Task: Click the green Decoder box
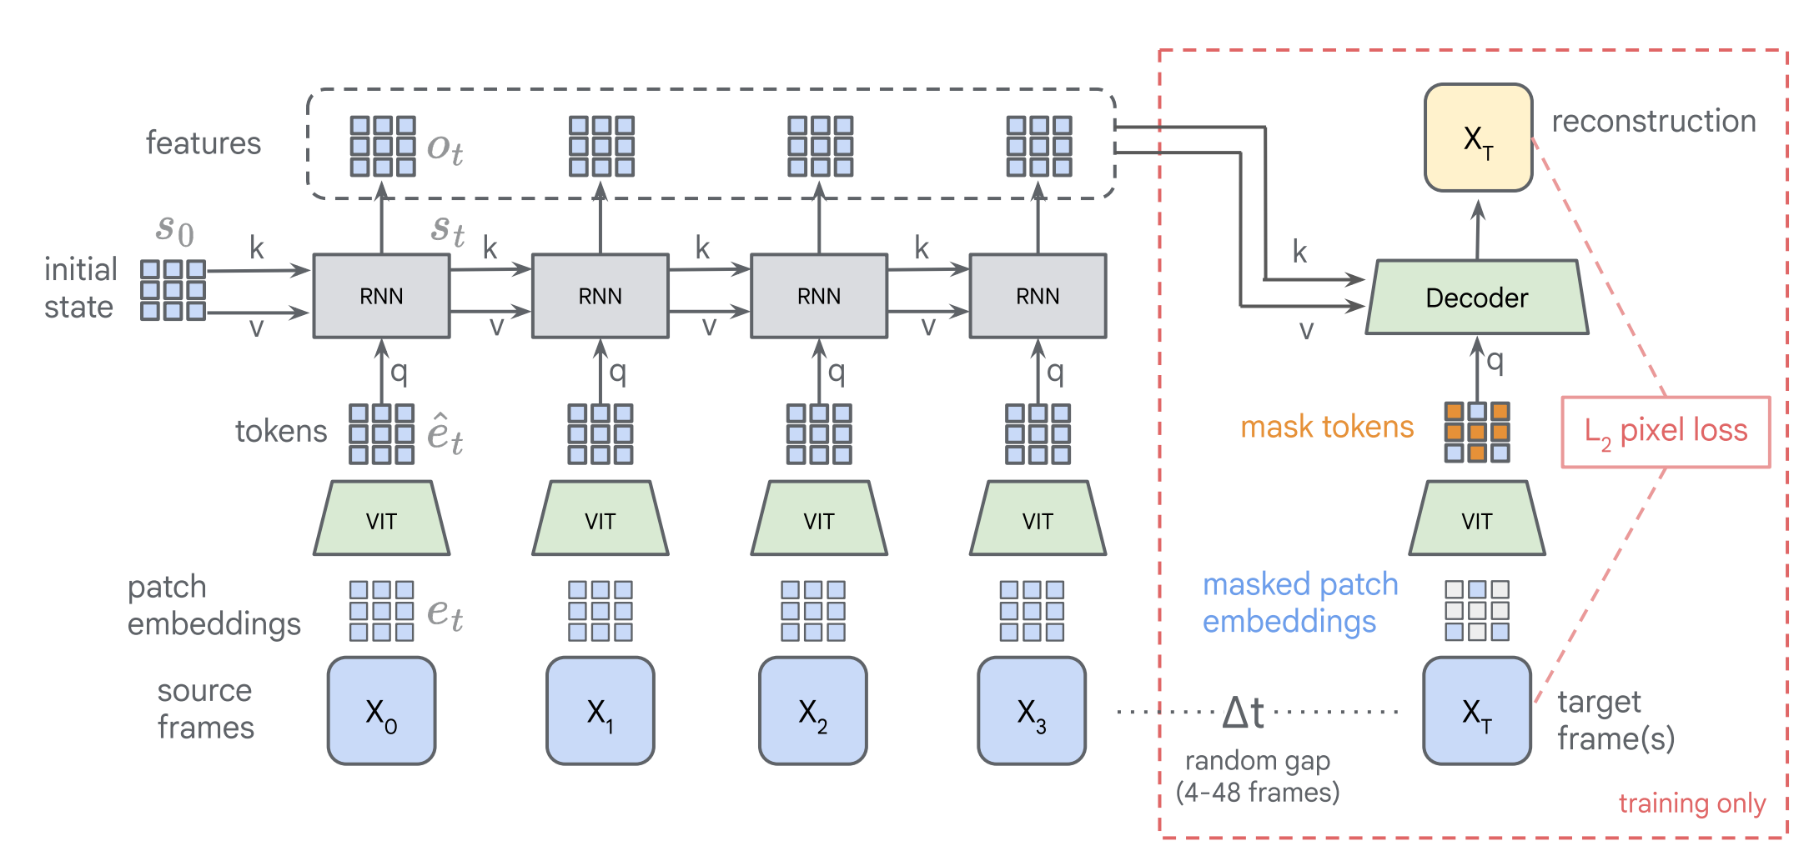(1477, 298)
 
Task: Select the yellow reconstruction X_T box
(1479, 138)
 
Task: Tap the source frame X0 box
(382, 711)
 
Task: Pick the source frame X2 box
(813, 711)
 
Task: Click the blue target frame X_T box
(1477, 711)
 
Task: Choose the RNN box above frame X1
(600, 296)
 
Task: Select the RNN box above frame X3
(1038, 296)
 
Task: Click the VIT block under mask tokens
(1477, 518)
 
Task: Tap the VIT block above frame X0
(382, 518)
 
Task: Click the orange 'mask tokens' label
(1327, 427)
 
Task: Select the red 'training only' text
(1692, 803)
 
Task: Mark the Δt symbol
(1244, 713)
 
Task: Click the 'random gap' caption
(1258, 761)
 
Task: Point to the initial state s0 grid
(173, 290)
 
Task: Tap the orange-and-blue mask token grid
(1477, 433)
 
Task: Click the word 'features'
(204, 143)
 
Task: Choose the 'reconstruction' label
(1654, 122)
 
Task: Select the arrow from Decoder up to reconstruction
(1478, 230)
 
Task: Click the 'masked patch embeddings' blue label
(1300, 603)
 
